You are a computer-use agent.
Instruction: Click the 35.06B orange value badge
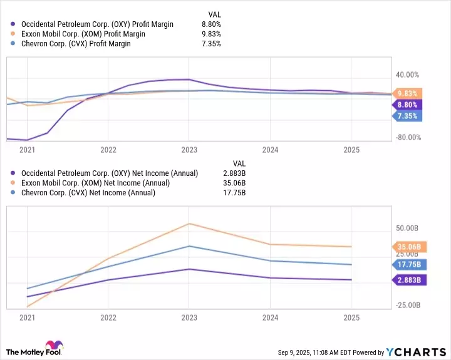(409, 246)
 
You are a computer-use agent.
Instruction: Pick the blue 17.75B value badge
(409, 264)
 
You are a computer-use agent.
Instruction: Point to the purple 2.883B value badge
(409, 280)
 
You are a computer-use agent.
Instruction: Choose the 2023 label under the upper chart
(189, 150)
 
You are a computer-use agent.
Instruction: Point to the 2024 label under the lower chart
(270, 317)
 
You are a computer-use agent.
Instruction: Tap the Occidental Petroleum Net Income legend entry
(109, 173)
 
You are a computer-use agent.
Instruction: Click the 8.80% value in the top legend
(211, 24)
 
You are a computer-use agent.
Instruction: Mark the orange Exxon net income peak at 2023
(189, 224)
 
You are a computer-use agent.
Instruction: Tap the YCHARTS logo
(414, 352)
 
